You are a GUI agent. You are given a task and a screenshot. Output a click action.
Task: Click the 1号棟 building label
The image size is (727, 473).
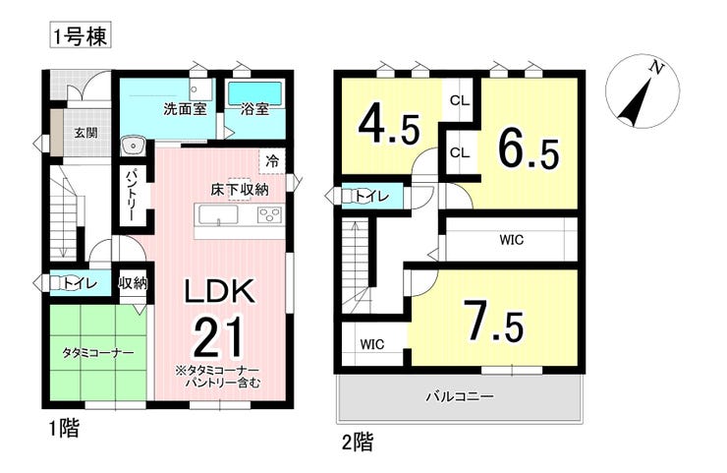81,36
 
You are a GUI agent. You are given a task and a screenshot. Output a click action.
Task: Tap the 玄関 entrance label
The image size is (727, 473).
86,133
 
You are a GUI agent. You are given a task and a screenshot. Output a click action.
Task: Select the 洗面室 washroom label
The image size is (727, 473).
185,109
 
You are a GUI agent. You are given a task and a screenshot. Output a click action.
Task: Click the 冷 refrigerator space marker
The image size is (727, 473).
273,161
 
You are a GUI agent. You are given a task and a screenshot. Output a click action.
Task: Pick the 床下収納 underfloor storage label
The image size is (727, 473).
240,190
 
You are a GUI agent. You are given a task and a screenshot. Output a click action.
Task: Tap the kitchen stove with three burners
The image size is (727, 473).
270,215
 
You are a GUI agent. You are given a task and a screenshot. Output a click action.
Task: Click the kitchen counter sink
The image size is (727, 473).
219,215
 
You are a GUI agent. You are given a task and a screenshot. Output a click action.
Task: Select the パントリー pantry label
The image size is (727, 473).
130,194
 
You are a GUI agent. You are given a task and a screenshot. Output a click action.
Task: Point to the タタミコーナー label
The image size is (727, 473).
98,353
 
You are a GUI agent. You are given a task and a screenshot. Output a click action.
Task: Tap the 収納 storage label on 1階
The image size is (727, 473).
133,282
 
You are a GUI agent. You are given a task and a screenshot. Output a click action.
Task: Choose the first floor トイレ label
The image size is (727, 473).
82,282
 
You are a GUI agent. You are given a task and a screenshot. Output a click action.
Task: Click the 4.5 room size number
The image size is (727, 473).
389,127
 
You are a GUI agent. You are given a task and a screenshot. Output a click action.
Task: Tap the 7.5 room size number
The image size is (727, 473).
495,322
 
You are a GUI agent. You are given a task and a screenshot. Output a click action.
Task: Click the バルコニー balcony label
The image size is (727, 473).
460,397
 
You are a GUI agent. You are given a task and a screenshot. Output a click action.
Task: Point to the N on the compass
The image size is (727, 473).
655,68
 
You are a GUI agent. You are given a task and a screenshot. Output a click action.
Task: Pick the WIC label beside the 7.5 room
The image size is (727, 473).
372,344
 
